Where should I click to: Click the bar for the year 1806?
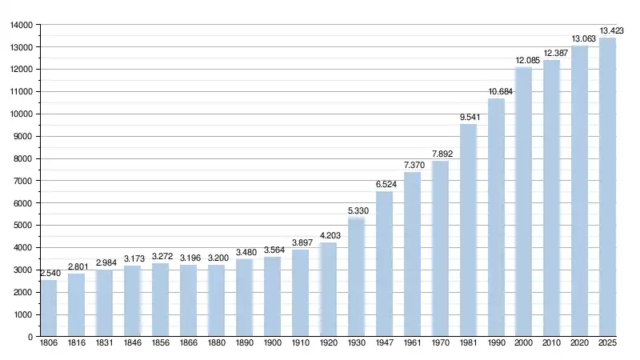[49, 308]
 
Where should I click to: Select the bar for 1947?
[385, 264]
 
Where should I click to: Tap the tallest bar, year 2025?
[608, 187]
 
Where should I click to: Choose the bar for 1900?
[273, 297]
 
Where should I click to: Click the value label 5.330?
[357, 211]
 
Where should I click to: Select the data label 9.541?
[468, 118]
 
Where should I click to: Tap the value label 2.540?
[49, 274]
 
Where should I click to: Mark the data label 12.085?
[524, 61]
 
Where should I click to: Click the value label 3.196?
[189, 258]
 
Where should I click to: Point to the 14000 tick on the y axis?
[21, 25]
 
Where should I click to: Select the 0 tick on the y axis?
[28, 337]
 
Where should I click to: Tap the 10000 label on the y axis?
[21, 114]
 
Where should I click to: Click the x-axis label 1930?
[357, 344]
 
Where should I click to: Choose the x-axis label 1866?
[189, 344]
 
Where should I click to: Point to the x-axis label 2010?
[552, 344]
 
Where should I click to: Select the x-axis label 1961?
[412, 344]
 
